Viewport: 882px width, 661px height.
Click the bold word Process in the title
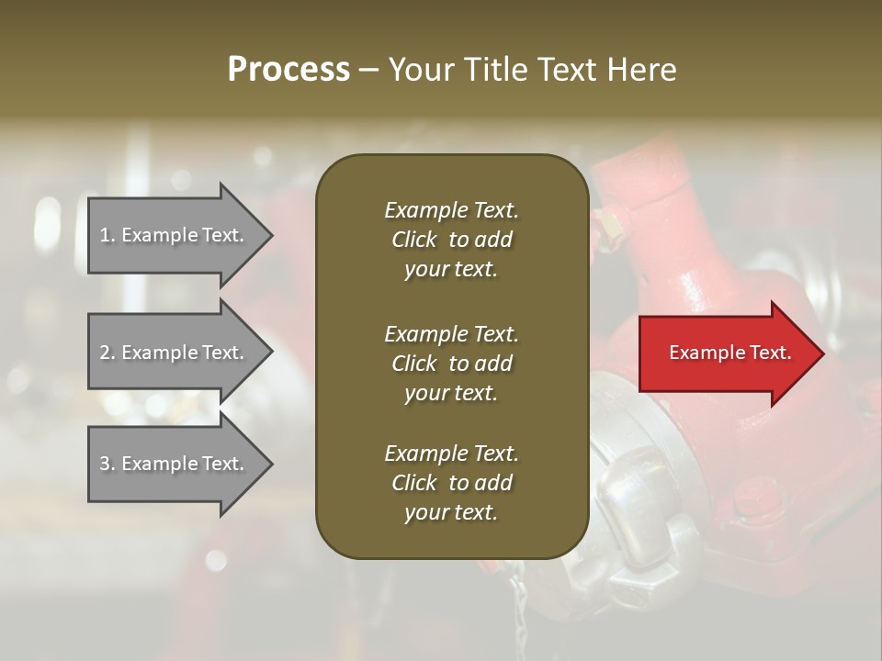[288, 70]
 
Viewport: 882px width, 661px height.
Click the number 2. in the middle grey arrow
[107, 353]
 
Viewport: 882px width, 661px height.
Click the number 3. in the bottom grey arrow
[107, 464]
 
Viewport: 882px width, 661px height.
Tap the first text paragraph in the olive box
[451, 240]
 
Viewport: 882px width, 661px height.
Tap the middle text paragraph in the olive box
[451, 363]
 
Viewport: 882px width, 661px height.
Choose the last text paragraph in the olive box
[451, 483]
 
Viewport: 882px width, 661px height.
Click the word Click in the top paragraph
[414, 240]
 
